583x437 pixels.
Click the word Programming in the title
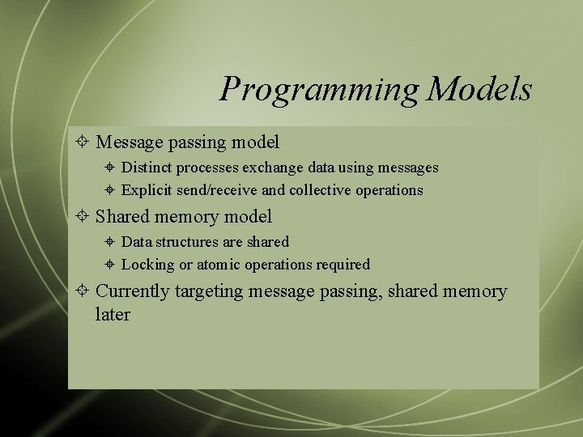tap(321, 90)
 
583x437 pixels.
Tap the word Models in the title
tap(480, 88)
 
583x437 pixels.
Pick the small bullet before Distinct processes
tap(110, 168)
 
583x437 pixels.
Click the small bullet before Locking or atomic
tap(110, 265)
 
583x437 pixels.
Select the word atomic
tap(220, 265)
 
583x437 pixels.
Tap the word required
tap(343, 265)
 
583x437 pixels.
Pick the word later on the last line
tap(113, 314)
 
